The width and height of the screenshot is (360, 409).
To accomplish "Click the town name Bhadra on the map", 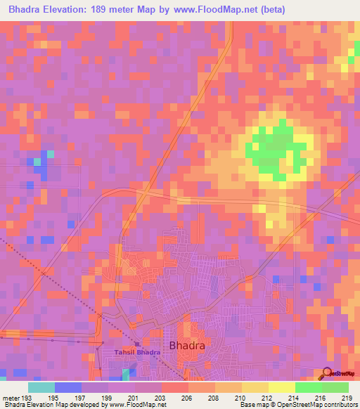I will (x=188, y=345).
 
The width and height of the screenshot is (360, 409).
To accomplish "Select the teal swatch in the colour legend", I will (x=41, y=387).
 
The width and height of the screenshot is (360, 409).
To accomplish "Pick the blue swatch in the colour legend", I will (x=68, y=387).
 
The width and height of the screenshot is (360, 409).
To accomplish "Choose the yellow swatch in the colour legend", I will (x=282, y=387).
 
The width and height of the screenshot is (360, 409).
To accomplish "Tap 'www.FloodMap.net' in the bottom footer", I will (x=138, y=405).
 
